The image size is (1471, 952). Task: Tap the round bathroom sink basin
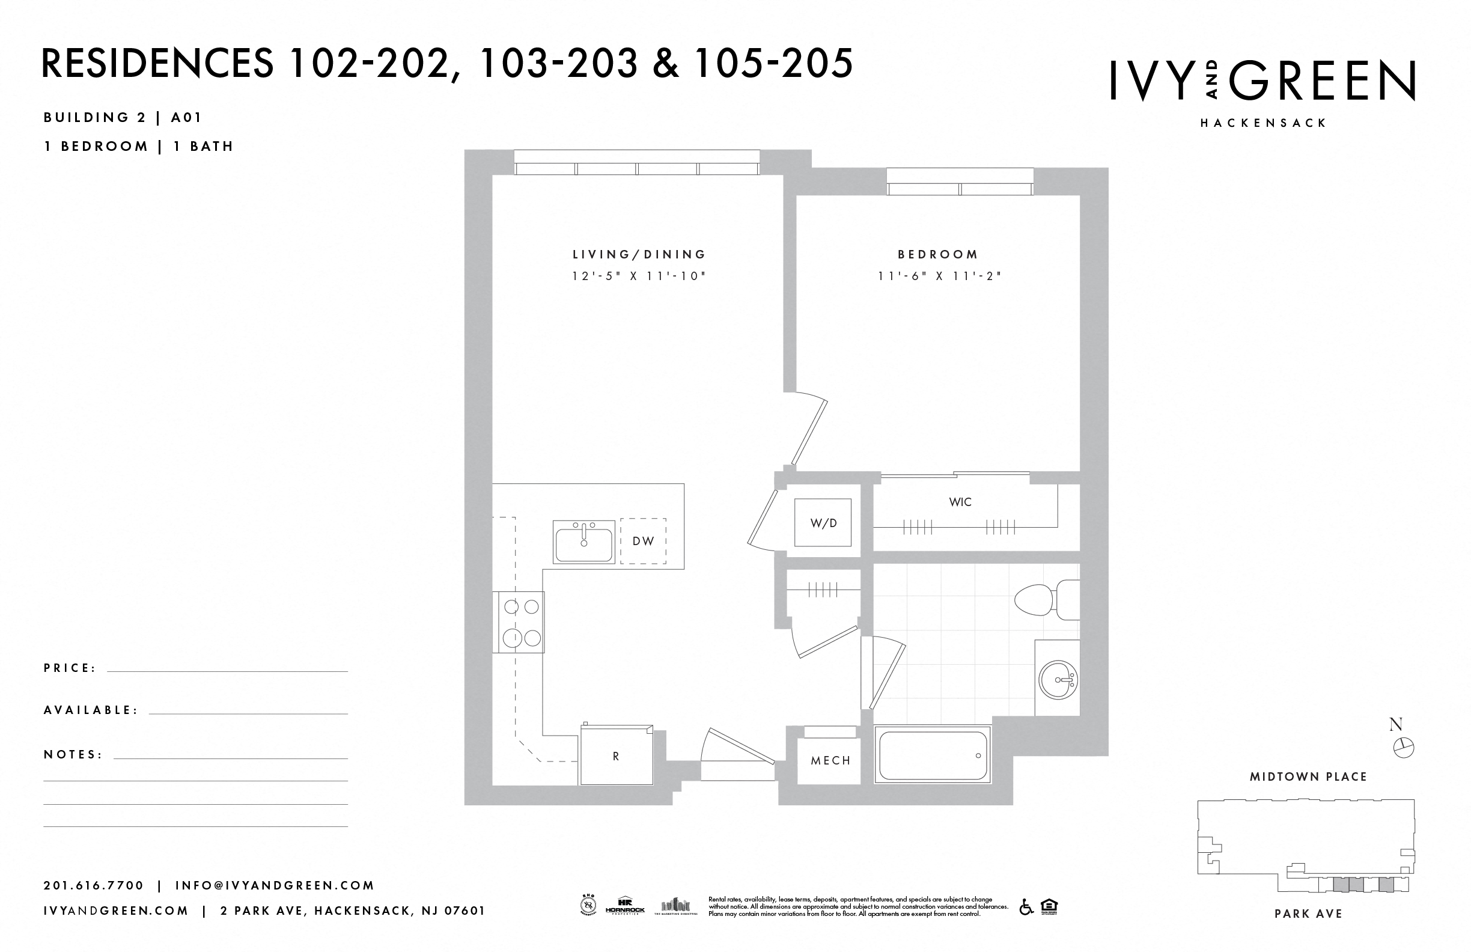point(1058,679)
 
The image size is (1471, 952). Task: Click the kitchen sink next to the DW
point(584,542)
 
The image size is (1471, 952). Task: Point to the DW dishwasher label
point(643,541)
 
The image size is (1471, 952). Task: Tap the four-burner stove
point(519,622)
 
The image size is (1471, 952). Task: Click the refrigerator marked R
point(615,756)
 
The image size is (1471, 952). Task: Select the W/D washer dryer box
point(823,523)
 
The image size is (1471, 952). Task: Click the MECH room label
point(830,760)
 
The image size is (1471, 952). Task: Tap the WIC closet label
point(960,502)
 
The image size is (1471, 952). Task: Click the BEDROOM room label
point(937,254)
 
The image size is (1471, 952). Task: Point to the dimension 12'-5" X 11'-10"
point(639,276)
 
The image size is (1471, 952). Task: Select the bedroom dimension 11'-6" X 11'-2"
point(939,276)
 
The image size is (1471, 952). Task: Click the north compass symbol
point(1404,748)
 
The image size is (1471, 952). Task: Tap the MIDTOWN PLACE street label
point(1308,777)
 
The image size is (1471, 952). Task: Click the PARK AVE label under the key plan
point(1308,914)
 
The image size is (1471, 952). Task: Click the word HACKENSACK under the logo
point(1263,123)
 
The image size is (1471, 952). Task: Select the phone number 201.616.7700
point(93,885)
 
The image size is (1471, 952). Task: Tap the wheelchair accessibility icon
point(1026,907)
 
